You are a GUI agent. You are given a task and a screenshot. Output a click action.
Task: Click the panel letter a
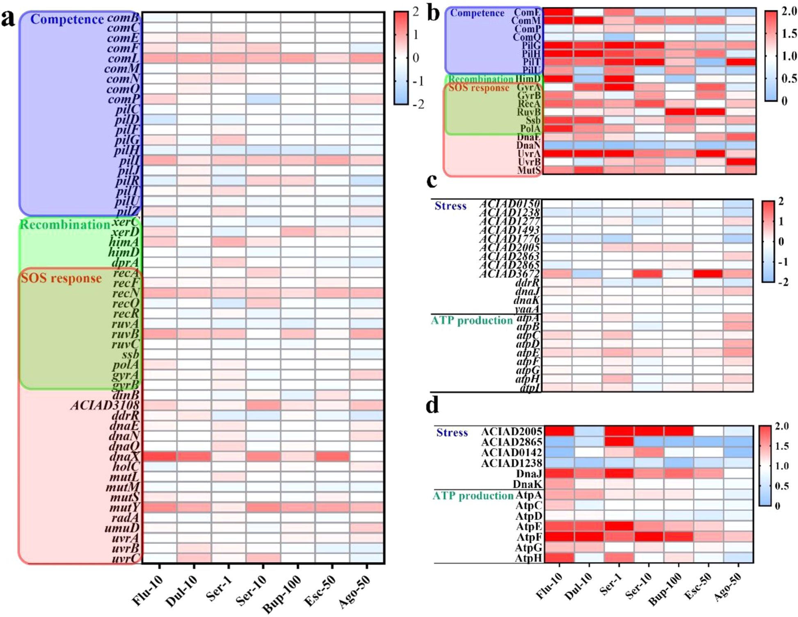click(x=8, y=19)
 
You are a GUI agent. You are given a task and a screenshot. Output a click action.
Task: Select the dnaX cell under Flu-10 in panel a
click(x=160, y=456)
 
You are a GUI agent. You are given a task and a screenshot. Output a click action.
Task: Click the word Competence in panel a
click(x=67, y=19)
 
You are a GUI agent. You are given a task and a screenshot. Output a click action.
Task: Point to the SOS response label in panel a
click(x=61, y=278)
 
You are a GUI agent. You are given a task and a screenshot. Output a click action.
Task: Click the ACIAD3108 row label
click(x=105, y=405)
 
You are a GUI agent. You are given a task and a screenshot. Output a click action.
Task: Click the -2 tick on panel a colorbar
click(x=418, y=105)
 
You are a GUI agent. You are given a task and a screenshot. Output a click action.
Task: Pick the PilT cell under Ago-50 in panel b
click(x=741, y=62)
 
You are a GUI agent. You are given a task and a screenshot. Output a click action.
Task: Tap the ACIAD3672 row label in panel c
click(x=510, y=274)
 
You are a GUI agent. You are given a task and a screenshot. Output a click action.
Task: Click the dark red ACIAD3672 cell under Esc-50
click(x=708, y=274)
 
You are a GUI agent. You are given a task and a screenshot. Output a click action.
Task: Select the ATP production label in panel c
click(x=472, y=320)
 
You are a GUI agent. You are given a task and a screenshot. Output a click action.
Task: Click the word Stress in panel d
click(x=452, y=432)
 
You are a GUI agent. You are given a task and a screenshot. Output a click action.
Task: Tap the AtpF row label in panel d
click(x=529, y=537)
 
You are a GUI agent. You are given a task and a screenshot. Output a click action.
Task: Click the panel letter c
click(x=432, y=181)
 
